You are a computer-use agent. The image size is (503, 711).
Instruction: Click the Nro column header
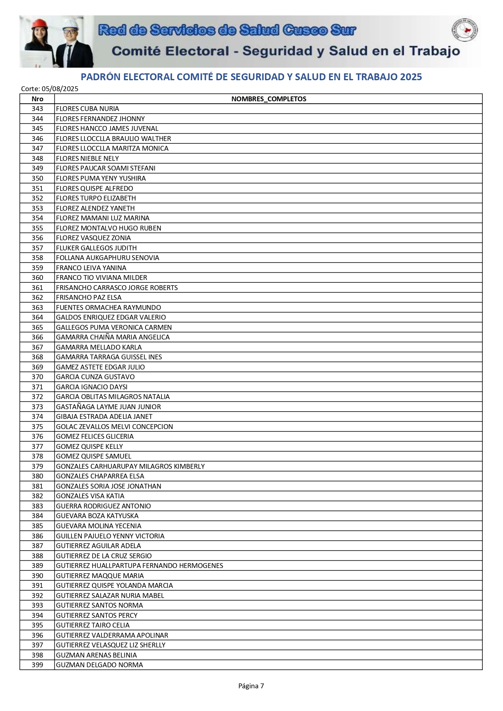37,99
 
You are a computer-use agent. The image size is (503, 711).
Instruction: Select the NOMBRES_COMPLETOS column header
268,99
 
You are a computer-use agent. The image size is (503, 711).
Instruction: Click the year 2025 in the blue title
411,77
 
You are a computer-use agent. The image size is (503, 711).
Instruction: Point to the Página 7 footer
251,686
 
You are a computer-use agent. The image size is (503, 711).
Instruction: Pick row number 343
37,109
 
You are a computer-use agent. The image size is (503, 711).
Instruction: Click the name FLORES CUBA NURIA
88,109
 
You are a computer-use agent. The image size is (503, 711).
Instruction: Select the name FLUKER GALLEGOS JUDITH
96,248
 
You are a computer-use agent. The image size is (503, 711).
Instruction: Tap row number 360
37,278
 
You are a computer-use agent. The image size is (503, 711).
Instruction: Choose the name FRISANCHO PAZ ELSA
89,297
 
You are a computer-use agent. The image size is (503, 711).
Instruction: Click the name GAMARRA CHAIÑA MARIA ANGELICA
113,337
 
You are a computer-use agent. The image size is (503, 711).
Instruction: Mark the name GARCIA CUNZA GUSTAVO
95,377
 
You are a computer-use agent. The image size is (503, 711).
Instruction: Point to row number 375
37,427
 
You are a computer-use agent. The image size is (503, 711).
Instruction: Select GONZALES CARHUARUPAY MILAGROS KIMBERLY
130,466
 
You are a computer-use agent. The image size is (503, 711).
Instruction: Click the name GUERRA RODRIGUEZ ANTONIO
103,506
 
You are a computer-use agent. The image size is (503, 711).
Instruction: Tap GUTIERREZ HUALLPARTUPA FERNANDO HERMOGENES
139,566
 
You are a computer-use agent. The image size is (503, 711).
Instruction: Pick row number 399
37,665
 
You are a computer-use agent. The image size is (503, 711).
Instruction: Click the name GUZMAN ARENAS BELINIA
96,655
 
